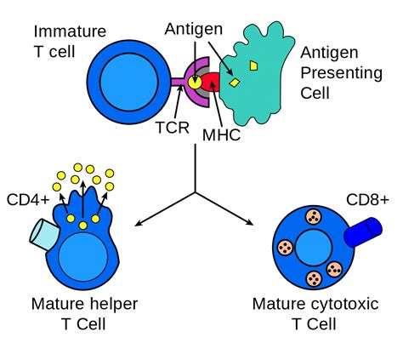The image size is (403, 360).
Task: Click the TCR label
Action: pyautogui.click(x=173, y=128)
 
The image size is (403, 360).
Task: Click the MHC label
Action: pyautogui.click(x=221, y=135)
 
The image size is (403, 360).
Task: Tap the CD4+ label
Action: pyautogui.click(x=28, y=200)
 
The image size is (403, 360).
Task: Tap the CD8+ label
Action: pyautogui.click(x=367, y=200)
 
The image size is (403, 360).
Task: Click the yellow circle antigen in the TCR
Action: pyautogui.click(x=195, y=83)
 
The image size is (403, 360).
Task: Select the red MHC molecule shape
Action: pyautogui.click(x=211, y=82)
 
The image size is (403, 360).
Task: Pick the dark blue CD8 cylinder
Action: pyautogui.click(x=363, y=231)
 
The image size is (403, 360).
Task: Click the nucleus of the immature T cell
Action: pyautogui.click(x=129, y=82)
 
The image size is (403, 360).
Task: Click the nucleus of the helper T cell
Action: pyautogui.click(x=83, y=257)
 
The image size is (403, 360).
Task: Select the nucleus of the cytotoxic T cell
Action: pyautogui.click(x=313, y=248)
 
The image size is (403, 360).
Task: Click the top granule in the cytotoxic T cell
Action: pyautogui.click(x=314, y=217)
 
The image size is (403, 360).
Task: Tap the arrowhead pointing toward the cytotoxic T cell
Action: pyautogui.click(x=250, y=222)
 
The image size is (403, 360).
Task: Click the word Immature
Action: pyautogui.click(x=70, y=31)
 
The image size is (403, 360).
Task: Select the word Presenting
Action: pyautogui.click(x=342, y=73)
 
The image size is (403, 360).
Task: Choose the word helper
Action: pyautogui.click(x=114, y=304)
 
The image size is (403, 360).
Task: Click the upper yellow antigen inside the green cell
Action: pyautogui.click(x=253, y=66)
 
